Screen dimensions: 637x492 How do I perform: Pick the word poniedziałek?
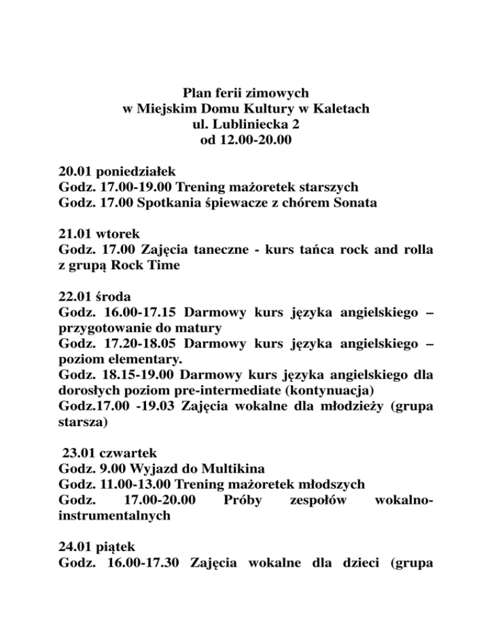tap(135, 172)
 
